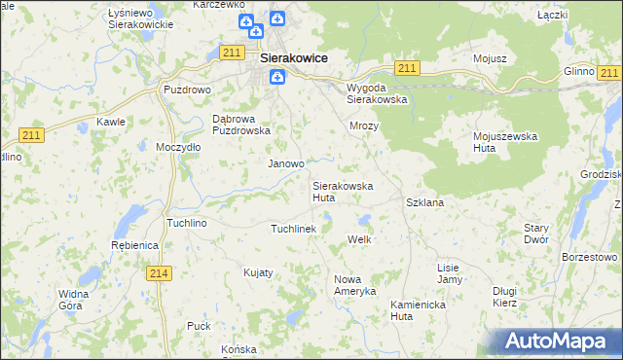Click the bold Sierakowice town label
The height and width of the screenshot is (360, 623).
tap(294, 58)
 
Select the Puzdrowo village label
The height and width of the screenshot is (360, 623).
tap(186, 90)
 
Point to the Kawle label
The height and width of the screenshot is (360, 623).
tap(110, 122)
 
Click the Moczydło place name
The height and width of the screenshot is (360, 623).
tap(178, 147)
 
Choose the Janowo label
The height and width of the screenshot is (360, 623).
tap(286, 163)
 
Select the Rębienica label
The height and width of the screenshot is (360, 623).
tap(134, 245)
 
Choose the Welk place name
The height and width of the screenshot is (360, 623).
tap(360, 238)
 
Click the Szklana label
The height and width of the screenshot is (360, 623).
tap(424, 202)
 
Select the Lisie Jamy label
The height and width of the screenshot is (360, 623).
tap(449, 272)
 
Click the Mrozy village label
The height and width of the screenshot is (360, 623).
tap(363, 126)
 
